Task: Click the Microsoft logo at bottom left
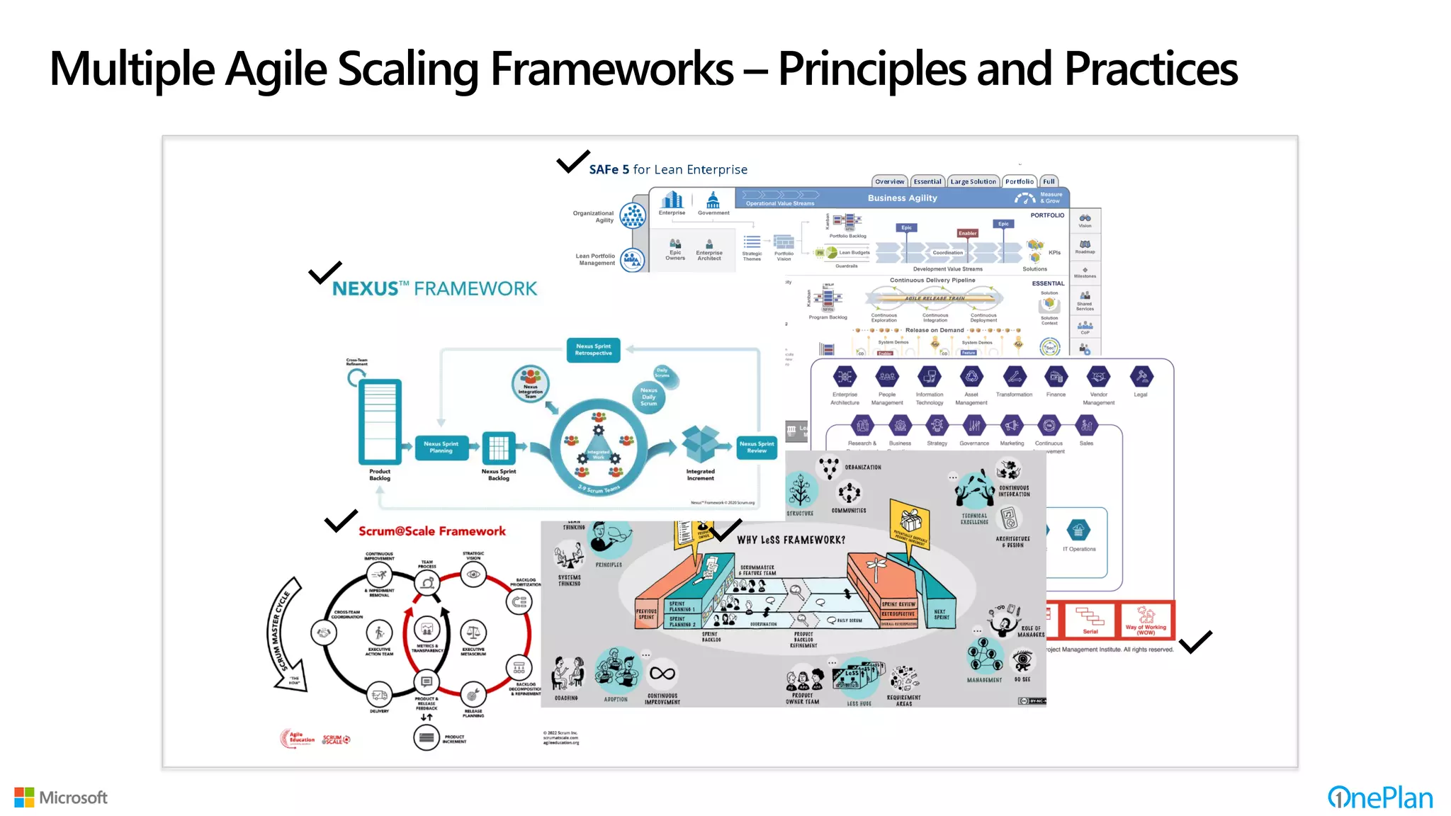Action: click(x=61, y=798)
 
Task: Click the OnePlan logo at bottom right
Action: click(x=1379, y=798)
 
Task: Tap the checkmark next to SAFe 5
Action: click(x=572, y=161)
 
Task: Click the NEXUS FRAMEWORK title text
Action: click(x=434, y=289)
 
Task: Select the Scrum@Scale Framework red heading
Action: click(x=431, y=531)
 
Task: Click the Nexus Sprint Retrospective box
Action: click(x=593, y=350)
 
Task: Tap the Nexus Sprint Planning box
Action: click(x=441, y=447)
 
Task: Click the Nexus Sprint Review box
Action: click(x=756, y=447)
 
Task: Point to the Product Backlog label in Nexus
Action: click(x=380, y=475)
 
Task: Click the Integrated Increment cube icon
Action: click(x=700, y=443)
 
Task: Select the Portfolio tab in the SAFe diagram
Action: click(x=1019, y=181)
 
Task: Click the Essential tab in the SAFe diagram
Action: click(x=927, y=181)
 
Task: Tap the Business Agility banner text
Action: click(x=902, y=198)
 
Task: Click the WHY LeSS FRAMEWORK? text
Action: click(x=791, y=540)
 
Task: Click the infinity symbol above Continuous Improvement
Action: click(x=662, y=674)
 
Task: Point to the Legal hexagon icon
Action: click(x=1141, y=377)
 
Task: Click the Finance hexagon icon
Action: click(x=1056, y=377)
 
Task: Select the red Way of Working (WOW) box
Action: click(x=1146, y=620)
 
